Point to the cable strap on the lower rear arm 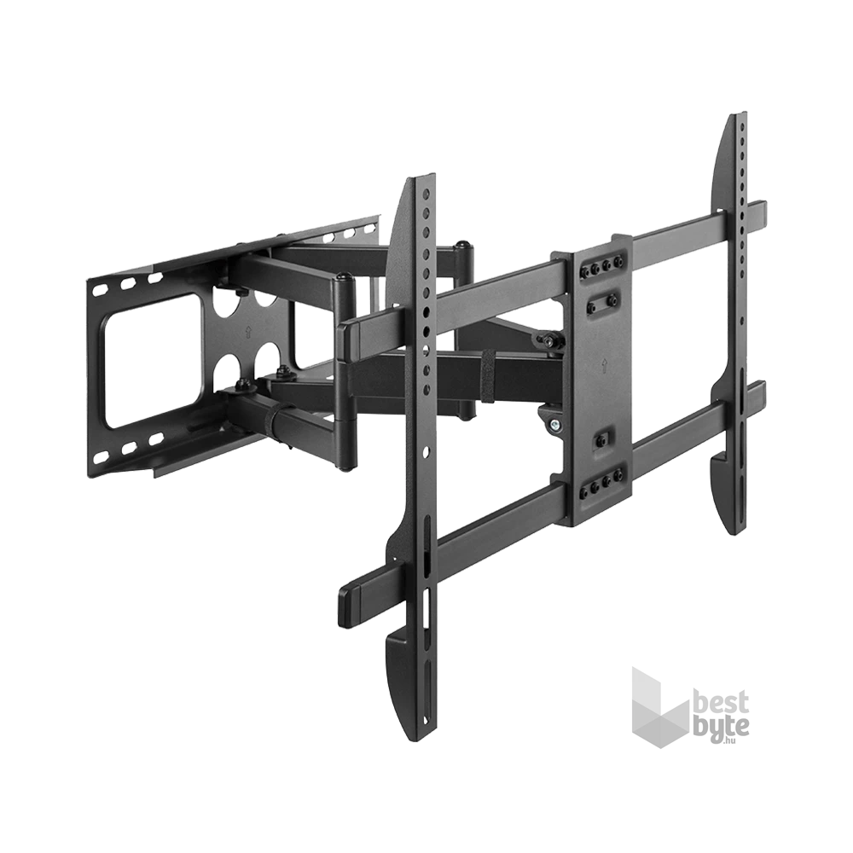276,419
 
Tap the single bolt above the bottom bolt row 602,438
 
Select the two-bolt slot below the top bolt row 602,300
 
